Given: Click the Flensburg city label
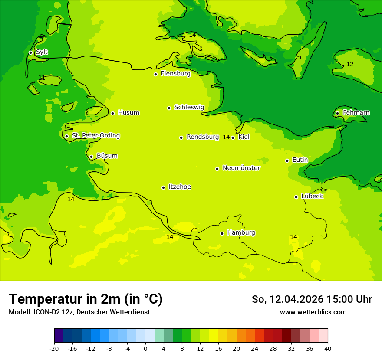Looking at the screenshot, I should click(x=175, y=74).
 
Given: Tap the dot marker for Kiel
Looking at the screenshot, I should click(x=233, y=137).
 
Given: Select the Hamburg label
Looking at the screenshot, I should click(x=241, y=233).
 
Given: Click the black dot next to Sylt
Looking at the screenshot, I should click(x=30, y=52).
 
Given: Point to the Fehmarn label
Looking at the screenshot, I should click(x=356, y=113).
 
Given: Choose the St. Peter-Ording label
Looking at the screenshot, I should click(x=95, y=136).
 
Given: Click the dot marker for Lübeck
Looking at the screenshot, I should click(x=296, y=197).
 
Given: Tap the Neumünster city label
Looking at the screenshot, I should click(x=241, y=168).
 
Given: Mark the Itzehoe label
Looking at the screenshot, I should click(x=180, y=187).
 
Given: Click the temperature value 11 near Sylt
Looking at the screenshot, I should click(x=42, y=78).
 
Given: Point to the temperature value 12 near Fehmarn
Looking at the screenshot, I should click(x=350, y=65).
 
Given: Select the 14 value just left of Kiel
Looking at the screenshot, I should click(x=226, y=137).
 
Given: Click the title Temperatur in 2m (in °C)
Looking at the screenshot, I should click(x=86, y=299).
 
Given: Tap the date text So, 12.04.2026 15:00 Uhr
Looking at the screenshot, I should click(x=312, y=299).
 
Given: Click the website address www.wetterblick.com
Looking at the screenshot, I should click(x=313, y=312).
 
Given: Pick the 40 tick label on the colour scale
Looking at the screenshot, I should click(x=327, y=348).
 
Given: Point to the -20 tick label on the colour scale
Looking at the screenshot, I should click(x=54, y=348).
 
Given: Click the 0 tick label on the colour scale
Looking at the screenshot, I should click(x=145, y=348).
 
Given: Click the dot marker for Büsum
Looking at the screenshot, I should click(x=91, y=157).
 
